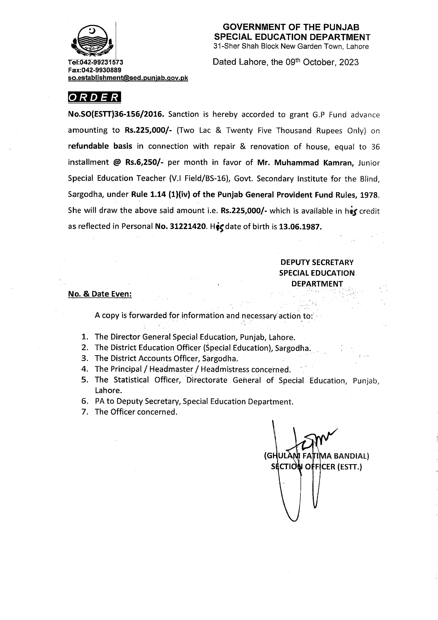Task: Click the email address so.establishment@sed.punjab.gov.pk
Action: point(128,78)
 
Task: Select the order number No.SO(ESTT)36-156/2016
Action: point(116,114)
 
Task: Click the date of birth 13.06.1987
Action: point(300,227)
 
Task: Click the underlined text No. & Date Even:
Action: point(100,294)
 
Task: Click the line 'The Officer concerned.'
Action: point(136,412)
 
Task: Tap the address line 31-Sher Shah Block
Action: point(291,46)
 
